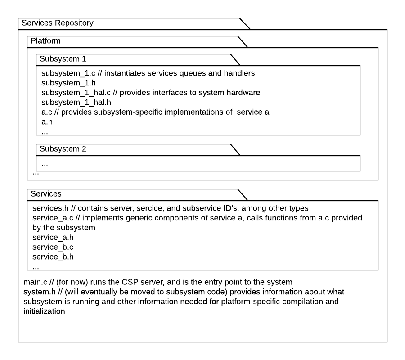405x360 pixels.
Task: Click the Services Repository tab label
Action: coord(58,23)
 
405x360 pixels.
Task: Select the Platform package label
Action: coord(45,41)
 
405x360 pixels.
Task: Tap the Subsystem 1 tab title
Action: coord(63,59)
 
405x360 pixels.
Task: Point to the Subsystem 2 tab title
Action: coord(63,149)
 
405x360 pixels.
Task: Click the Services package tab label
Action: coord(46,194)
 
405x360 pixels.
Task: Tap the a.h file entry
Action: coord(46,122)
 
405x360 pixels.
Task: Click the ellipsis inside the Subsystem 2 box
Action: coord(45,164)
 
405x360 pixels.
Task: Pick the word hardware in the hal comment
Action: coord(244,93)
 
